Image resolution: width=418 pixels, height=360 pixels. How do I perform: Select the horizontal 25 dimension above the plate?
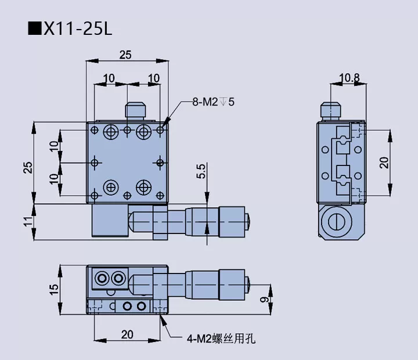(x=125, y=55)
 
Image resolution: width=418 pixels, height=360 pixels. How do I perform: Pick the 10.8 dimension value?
(x=349, y=77)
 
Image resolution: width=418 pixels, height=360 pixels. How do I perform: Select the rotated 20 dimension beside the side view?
(x=384, y=163)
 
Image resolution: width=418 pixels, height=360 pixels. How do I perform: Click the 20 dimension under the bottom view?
(x=127, y=334)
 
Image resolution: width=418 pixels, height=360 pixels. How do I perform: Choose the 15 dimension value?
(x=53, y=288)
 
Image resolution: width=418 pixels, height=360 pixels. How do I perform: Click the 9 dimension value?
(x=264, y=300)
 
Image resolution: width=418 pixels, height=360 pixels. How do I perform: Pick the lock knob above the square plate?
(x=134, y=111)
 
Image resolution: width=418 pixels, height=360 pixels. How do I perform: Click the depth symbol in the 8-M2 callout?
(x=223, y=103)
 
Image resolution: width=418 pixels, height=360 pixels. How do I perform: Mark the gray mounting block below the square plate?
(x=109, y=221)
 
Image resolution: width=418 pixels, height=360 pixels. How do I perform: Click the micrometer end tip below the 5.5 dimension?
(x=249, y=221)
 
